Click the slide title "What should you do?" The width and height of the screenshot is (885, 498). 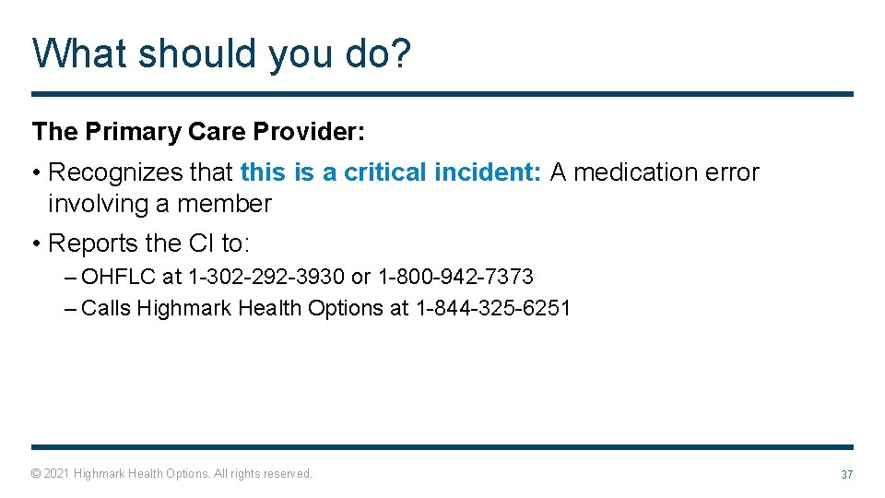221,53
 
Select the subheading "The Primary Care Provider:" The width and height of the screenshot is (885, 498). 199,132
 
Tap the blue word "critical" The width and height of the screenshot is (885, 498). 385,172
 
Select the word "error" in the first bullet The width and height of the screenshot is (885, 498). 731,172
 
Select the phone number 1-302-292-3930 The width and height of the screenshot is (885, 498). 267,277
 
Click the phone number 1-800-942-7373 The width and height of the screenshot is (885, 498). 455,277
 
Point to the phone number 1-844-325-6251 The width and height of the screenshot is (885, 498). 493,308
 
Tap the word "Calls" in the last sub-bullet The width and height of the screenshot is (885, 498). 106,308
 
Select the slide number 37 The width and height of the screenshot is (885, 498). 846,474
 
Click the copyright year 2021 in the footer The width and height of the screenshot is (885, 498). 56,474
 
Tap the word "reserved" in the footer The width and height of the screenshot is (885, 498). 288,474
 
